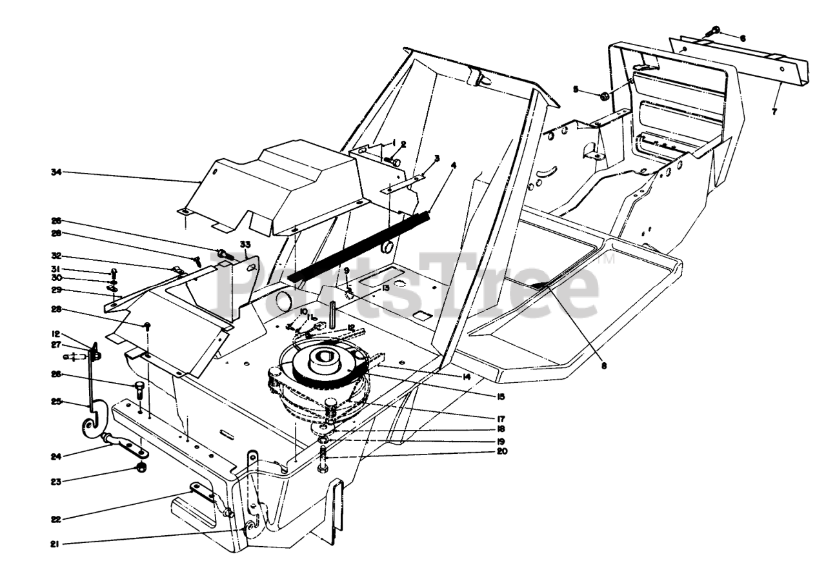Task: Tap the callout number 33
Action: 245,244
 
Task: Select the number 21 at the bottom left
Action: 55,544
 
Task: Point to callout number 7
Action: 774,112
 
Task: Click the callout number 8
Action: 604,365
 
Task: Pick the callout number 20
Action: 501,451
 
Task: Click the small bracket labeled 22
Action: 201,492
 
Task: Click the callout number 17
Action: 501,418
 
